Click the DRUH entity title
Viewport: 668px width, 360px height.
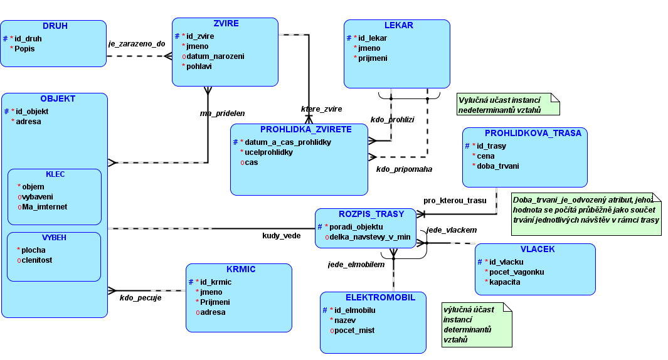pyautogui.click(x=55, y=26)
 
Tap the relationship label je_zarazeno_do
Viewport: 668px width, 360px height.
pyautogui.click(x=137, y=44)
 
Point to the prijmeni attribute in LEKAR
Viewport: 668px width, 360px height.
pyautogui.click(x=373, y=58)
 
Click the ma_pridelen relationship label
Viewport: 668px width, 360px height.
pyautogui.click(x=222, y=114)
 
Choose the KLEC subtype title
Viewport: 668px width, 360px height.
pyautogui.click(x=55, y=174)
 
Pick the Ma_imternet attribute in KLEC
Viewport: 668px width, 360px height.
pyautogui.click(x=45, y=207)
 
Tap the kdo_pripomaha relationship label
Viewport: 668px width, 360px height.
pyautogui.click(x=404, y=169)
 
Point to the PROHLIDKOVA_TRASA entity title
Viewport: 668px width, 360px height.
pyautogui.click(x=533, y=133)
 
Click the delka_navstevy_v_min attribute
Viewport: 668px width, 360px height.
pyautogui.click(x=370, y=237)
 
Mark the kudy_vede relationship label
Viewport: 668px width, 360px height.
pyautogui.click(x=281, y=236)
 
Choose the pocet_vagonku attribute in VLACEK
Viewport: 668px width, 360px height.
pyautogui.click(x=517, y=272)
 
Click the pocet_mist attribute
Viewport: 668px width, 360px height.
pyautogui.click(x=355, y=331)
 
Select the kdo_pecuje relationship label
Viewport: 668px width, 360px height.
pyautogui.click(x=140, y=298)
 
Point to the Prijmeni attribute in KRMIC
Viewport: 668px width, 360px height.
pyautogui.click(x=215, y=302)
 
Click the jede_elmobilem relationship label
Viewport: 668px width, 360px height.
pyautogui.click(x=356, y=265)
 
